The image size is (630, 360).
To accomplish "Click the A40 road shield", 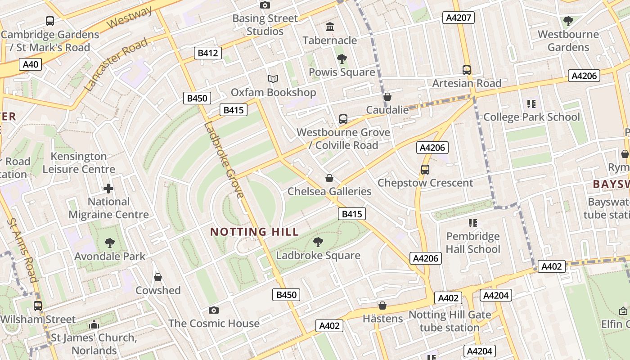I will coord(31,64).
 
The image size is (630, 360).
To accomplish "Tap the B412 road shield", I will coord(208,53).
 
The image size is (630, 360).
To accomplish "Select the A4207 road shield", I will coord(459,18).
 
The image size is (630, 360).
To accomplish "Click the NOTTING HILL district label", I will coord(254,232).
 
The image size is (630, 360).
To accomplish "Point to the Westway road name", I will coord(130,18).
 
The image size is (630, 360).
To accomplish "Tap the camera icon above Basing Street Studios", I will coord(265,5).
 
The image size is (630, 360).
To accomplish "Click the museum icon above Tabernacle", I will coord(330,27).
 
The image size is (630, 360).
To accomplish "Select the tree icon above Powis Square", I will coord(342,59).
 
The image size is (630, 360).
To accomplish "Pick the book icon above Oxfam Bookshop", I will coord(273,79).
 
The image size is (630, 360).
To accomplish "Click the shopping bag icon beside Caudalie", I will coord(387,97).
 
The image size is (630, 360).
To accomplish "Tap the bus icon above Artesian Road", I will coord(467,70).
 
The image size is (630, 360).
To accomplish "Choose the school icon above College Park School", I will coord(531,104).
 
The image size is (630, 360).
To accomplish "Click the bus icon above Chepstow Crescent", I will coord(425,170).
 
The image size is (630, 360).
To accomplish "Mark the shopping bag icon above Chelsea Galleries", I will coord(329,178).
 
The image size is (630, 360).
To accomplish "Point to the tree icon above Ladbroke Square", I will coord(318,242).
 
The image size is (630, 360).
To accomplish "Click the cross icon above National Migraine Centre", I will coord(108,189).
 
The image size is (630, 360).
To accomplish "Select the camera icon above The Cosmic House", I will coord(214,310).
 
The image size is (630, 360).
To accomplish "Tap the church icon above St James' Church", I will coord(94,324).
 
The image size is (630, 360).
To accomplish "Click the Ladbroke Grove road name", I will coord(224,160).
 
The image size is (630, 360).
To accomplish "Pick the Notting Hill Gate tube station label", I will coord(450,321).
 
